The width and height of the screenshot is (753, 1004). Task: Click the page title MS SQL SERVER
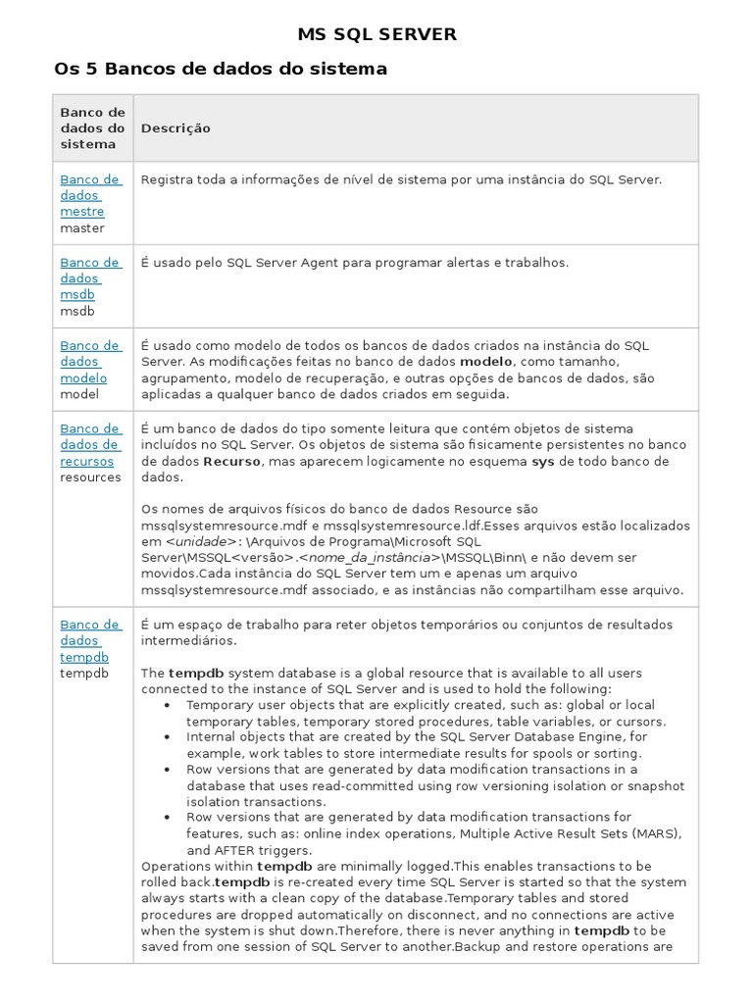coord(377,35)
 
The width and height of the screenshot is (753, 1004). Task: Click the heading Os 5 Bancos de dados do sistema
coord(221,69)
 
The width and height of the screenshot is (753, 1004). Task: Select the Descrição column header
coord(176,128)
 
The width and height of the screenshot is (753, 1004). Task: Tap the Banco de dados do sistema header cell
coord(93,128)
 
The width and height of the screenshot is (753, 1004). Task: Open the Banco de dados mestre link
coord(90,195)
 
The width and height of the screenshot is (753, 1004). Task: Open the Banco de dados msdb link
coord(90,278)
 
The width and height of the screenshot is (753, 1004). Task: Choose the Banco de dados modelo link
coord(90,362)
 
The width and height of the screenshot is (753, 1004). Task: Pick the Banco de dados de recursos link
coord(90,445)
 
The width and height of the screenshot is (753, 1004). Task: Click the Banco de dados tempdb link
coord(90,641)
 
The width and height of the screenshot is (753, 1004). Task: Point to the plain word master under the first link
coord(81,228)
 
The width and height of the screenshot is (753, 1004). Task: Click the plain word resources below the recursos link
coord(90,477)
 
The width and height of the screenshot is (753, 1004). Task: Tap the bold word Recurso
coord(232,461)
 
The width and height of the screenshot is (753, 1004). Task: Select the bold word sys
coord(543,461)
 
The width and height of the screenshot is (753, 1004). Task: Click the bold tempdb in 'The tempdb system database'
coord(196,674)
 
